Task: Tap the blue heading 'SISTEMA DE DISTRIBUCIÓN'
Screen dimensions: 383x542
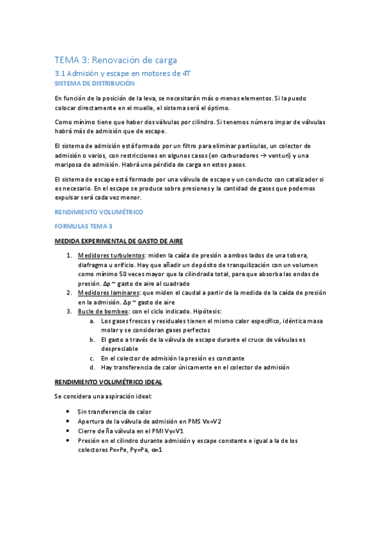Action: point(95,84)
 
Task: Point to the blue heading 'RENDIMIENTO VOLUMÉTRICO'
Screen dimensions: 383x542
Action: point(99,212)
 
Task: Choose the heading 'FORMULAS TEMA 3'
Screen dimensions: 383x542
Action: point(83,226)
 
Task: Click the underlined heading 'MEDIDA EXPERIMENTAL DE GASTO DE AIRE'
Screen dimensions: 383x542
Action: point(119,241)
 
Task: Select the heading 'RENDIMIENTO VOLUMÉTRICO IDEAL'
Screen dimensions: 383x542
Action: point(108,382)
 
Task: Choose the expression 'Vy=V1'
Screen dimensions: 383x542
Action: point(161,431)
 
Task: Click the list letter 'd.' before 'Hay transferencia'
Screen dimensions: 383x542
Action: point(93,368)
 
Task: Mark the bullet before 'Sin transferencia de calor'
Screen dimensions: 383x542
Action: point(68,412)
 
